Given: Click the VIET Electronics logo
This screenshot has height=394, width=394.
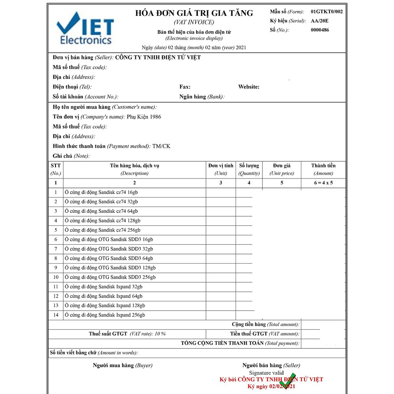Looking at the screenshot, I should (x=85, y=28).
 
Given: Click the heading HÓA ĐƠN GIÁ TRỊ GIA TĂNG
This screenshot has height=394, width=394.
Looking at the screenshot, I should (x=194, y=13).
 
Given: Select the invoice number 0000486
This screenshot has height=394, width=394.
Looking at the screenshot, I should (x=320, y=30).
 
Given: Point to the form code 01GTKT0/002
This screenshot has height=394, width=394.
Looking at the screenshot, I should (x=327, y=12).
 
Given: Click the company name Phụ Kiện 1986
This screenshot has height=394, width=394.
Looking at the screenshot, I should (x=144, y=117).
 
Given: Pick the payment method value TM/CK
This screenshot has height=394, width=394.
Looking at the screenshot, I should (x=161, y=146).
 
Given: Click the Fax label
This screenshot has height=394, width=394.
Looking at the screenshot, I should (x=185, y=87).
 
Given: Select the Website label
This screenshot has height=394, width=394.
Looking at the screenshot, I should (x=249, y=87).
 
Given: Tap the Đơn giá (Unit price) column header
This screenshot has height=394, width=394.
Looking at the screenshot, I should (x=282, y=169).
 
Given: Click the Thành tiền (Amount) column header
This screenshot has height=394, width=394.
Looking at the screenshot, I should (x=323, y=169).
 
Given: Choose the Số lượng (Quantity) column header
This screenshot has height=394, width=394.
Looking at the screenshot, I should (x=249, y=169).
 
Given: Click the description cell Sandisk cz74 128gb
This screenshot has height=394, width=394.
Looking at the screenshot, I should (x=103, y=221).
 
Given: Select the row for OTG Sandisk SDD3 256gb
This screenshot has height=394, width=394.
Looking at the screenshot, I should (x=110, y=277).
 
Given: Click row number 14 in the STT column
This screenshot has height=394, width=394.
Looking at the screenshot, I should (x=56, y=315).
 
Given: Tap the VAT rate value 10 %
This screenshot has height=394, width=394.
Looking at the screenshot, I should (x=160, y=334).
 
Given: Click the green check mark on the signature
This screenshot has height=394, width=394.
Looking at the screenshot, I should (x=287, y=380).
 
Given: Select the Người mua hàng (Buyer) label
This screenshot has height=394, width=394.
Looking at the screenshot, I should (x=122, y=366).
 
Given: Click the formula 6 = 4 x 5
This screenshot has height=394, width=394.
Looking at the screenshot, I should (x=323, y=183).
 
